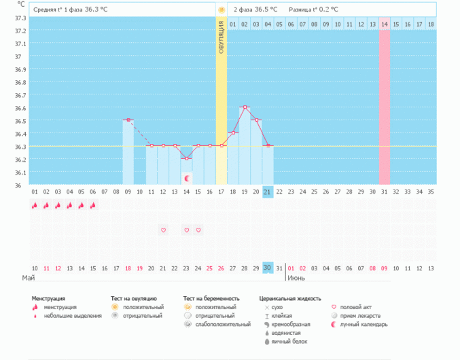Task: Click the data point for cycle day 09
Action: [128, 120]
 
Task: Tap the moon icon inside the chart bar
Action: [187, 178]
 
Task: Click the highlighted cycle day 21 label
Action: [268, 192]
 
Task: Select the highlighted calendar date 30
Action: [268, 268]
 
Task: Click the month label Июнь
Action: [296, 278]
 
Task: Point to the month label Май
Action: [29, 278]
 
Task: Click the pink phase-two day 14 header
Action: [384, 24]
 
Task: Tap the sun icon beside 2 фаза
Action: [222, 10]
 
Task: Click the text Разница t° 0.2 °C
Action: [313, 10]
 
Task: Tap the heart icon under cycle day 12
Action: [164, 230]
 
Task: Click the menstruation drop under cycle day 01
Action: [35, 205]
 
